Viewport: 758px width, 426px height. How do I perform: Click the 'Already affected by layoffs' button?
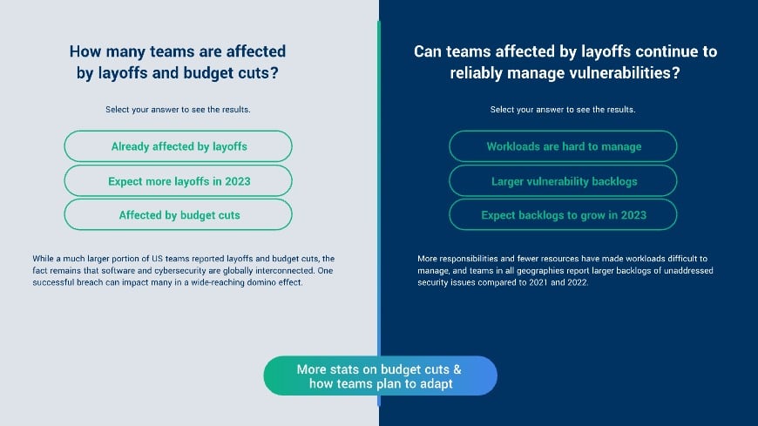[178, 146]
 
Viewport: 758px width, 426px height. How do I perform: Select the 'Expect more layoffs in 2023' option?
[178, 181]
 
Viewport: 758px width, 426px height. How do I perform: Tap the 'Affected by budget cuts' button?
[178, 214]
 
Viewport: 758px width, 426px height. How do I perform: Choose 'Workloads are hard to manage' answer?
[563, 146]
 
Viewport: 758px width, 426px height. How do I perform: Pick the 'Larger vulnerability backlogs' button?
[563, 181]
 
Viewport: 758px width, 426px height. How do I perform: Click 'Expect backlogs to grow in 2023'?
[563, 214]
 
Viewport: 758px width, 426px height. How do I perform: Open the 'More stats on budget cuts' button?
[381, 375]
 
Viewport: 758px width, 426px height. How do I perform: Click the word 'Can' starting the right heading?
[427, 51]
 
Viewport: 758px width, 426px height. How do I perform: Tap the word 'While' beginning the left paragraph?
[43, 259]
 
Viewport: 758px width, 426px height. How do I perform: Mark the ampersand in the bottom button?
[457, 369]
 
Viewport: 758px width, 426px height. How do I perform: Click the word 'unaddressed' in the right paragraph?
[688, 271]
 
